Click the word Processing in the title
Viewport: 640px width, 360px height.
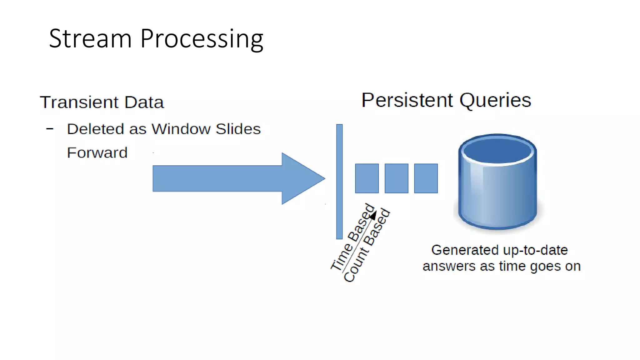pos(202,39)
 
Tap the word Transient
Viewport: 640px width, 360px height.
pos(79,102)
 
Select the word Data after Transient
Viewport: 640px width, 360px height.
pos(144,102)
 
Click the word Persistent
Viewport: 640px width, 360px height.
pos(407,100)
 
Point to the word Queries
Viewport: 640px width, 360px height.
pos(495,101)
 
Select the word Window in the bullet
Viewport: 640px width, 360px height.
pos(181,129)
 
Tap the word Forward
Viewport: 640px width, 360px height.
pos(97,152)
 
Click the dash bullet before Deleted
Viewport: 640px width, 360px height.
pos(50,128)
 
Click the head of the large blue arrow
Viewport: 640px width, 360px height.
pos(302,178)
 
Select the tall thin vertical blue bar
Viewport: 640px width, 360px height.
pos(339,182)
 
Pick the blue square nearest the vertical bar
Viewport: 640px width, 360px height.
pos(367,178)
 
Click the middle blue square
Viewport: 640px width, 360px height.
pos(396,178)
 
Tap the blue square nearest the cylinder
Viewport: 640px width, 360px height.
pos(426,178)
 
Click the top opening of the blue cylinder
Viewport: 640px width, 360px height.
pos(497,151)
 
